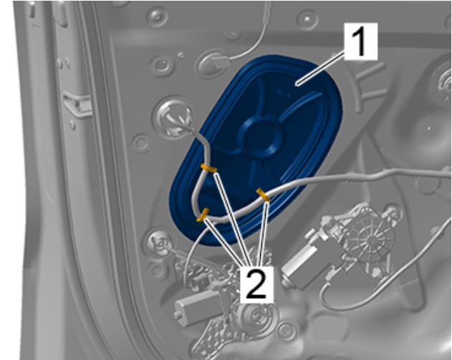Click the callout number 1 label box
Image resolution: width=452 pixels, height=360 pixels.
pos(360,42)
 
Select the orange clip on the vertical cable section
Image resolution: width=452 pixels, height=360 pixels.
pos(208,168)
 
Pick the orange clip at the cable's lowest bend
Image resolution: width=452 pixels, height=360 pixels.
pos(203,215)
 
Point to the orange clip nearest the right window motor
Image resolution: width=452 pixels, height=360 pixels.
pos(263,195)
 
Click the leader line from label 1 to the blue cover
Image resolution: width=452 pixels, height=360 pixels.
pos(321,68)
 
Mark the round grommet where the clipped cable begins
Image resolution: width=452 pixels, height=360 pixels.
pos(174,118)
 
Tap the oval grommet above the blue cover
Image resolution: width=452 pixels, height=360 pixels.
pos(213,63)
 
